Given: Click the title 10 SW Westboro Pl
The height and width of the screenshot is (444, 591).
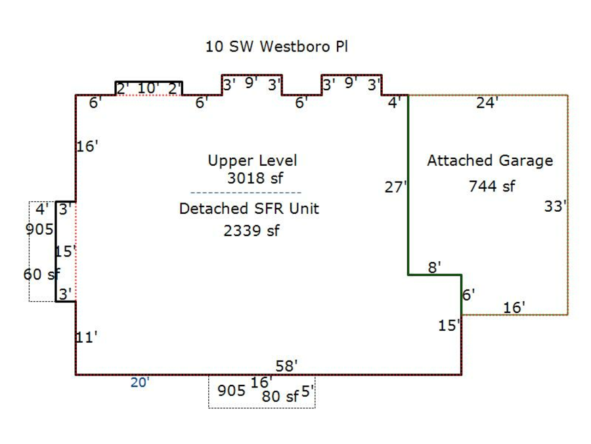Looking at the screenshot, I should pos(276,47).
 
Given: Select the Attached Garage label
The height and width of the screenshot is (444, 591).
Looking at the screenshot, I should pos(490,160).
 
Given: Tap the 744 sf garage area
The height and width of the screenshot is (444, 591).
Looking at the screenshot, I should pos(492,186).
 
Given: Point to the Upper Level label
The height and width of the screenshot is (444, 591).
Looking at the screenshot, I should pos(252,160).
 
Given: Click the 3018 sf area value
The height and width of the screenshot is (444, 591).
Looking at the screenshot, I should pos(255,178).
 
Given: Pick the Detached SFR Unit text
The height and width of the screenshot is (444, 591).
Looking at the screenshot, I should pos(249,209).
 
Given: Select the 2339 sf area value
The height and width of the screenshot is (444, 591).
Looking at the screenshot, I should pos(252,231).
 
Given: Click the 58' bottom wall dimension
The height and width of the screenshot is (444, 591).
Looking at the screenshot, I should pos(287,366).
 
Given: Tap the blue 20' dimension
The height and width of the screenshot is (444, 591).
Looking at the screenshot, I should pos(140,383).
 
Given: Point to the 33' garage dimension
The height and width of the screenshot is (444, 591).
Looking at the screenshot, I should pos(555,207).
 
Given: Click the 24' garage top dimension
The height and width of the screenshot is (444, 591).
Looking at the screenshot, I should pos(487,103).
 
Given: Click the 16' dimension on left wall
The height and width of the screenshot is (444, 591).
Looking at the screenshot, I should pos(87,146).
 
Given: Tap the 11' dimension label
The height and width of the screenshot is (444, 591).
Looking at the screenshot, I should pos(87,337).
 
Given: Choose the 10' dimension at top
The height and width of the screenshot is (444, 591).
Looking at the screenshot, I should pos(148,88).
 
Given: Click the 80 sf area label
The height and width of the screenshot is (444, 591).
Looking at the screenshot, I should pos(280,396).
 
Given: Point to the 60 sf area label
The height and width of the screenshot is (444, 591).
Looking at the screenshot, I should pos(41,274).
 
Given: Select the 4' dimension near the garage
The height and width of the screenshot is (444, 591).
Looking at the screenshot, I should pos(394,103).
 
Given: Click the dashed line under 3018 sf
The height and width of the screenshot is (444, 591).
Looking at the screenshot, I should pos(246,193).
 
